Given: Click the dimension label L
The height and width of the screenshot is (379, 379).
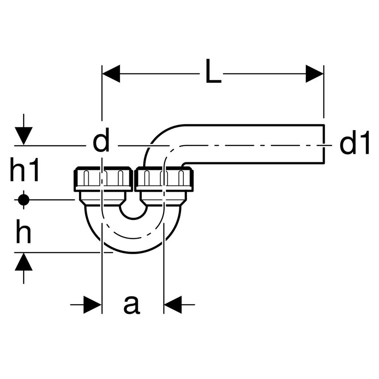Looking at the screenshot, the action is coord(214,71).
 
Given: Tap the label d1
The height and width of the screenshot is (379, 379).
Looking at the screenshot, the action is coord(354,142).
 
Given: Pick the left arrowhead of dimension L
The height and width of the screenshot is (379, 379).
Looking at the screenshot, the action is coord(111,74).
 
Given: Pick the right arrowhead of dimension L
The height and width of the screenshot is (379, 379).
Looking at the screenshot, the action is coord(314,74).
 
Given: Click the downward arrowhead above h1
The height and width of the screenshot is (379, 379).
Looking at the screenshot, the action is coord(24,136).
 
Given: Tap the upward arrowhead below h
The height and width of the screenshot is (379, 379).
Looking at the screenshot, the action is coord(24,262).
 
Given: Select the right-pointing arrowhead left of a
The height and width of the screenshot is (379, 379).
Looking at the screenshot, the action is coord(92,305).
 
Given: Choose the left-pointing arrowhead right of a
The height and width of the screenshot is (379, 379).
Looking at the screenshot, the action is coord(173,305).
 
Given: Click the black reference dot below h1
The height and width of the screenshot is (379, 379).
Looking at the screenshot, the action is coord(24,200).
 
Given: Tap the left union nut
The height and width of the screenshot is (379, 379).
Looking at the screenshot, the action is coord(103,179).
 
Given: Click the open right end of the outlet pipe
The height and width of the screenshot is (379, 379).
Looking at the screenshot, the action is coord(324,144).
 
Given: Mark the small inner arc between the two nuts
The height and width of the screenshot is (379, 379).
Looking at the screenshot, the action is coord(133,213).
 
